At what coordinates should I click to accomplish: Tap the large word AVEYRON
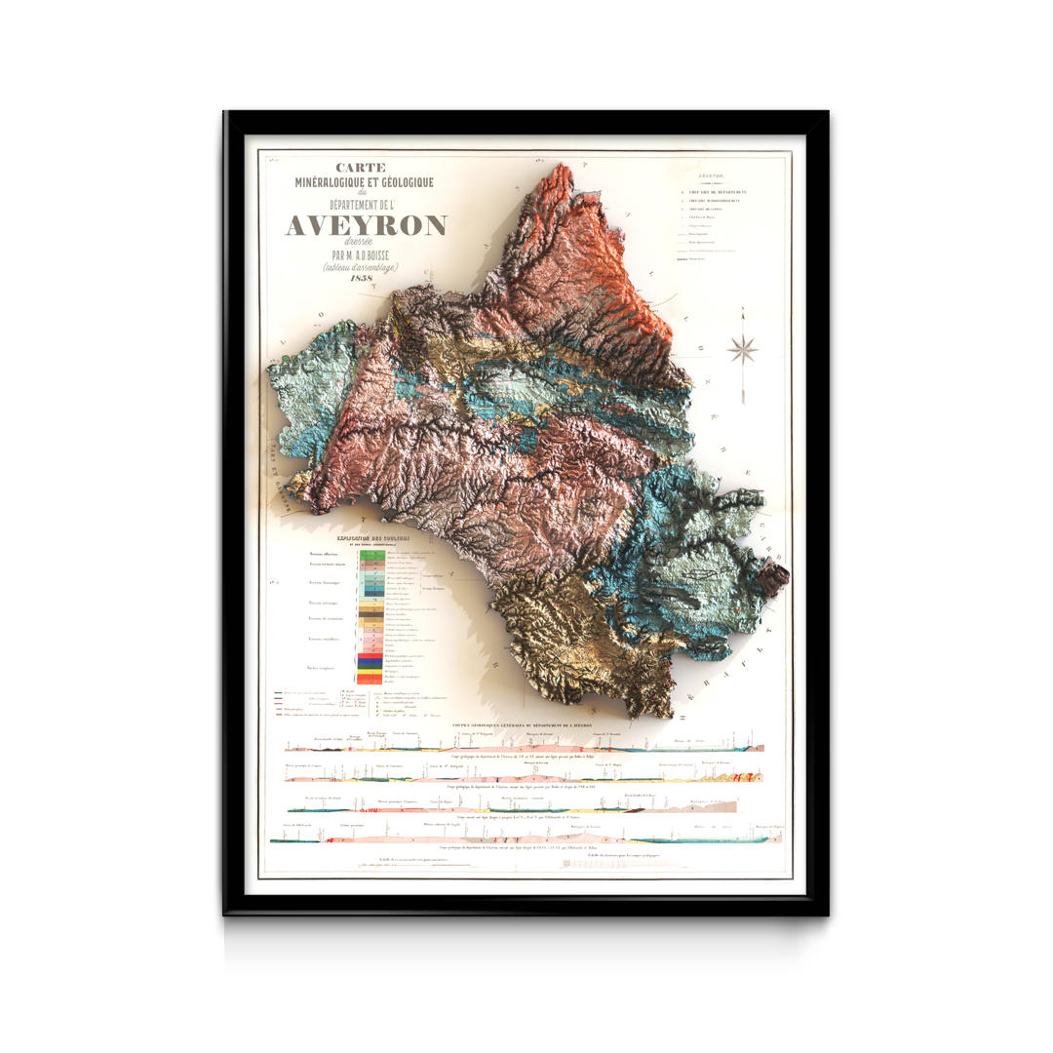click(x=366, y=226)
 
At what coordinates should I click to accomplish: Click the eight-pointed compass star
click(x=742, y=349)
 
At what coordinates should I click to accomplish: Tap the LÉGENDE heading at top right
click(x=717, y=176)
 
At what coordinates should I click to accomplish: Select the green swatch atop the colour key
click(x=370, y=554)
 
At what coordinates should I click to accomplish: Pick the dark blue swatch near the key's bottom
click(x=370, y=664)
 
